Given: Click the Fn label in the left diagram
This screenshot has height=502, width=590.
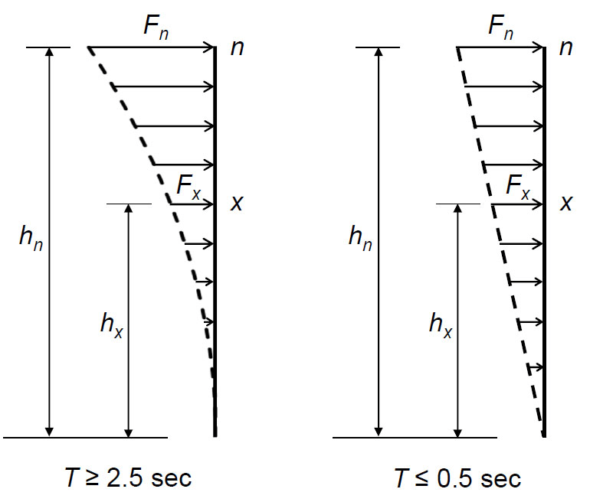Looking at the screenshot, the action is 156,28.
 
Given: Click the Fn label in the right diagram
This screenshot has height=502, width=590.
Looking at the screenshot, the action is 500,28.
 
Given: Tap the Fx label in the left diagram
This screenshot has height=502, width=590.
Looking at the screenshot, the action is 189,187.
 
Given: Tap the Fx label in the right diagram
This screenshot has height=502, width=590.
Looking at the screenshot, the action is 518,187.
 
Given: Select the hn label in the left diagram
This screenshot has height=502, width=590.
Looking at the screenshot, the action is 31,238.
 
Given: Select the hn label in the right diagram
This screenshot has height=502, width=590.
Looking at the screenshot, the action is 360,238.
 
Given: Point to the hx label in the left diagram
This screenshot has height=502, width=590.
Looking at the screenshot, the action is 112,325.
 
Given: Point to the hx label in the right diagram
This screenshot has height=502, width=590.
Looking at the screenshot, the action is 441,325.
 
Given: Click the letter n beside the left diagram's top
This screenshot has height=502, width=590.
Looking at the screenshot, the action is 238,48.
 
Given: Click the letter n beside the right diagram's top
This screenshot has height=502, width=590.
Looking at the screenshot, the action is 566,48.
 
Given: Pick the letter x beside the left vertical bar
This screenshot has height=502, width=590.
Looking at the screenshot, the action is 237,204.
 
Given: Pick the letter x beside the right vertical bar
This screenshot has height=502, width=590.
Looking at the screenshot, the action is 566,204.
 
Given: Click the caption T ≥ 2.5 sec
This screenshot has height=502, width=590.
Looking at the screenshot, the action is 128,478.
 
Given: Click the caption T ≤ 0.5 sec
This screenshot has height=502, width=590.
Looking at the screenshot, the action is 457,478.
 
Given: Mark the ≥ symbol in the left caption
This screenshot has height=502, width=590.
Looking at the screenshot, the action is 92,479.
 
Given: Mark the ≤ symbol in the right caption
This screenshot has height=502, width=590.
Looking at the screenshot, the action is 421,479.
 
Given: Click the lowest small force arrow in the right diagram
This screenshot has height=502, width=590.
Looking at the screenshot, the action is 536,367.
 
